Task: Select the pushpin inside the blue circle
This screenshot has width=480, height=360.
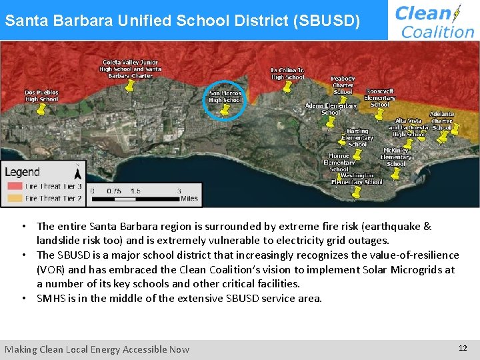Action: coord(225,109)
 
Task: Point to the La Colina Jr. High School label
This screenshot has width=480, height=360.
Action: coord(287,73)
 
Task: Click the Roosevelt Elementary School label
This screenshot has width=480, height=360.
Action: coord(379,97)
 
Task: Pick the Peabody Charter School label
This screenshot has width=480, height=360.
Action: coord(343,85)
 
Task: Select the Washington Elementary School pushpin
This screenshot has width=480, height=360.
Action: coord(356,193)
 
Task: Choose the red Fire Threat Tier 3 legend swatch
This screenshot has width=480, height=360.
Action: coord(15,186)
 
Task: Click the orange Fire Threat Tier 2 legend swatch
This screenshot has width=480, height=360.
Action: coord(15,198)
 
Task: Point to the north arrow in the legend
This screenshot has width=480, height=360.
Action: coord(77,172)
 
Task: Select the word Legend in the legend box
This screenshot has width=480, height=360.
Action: coord(23,172)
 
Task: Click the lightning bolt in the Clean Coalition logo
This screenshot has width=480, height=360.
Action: coord(457,13)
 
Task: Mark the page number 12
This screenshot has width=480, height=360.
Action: coord(463,348)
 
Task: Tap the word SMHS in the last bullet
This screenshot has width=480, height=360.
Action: coord(49,298)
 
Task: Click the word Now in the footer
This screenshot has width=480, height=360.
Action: coord(179,349)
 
